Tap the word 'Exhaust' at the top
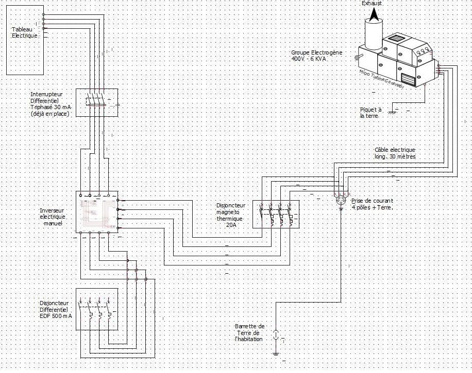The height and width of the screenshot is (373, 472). [372, 4]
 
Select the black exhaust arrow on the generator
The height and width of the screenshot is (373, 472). [374, 14]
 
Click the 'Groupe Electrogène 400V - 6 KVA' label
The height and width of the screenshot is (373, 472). [309, 56]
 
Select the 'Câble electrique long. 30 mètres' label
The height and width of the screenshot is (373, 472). [395, 153]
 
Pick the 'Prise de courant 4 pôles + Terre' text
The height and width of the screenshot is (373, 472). [372, 204]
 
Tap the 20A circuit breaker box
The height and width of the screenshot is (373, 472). [276, 214]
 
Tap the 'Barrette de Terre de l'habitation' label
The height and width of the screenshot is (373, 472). [249, 332]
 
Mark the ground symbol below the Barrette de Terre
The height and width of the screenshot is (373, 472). [276, 353]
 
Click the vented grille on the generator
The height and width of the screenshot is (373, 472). [408, 79]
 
